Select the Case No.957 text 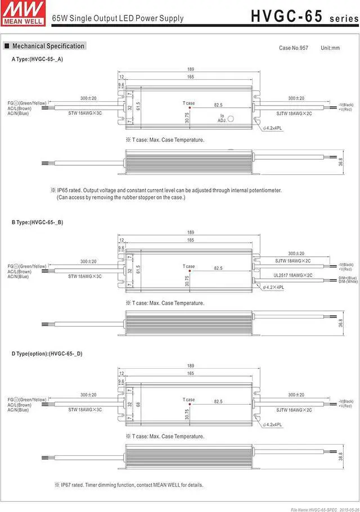point(294,48)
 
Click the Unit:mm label point(330,48)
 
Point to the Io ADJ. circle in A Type point(229,119)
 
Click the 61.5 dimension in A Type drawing point(138,106)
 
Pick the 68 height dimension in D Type point(138,404)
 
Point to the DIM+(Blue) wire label point(348,277)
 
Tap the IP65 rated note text point(169,191)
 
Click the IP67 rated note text point(129,484)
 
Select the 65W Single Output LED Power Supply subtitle point(118,19)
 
